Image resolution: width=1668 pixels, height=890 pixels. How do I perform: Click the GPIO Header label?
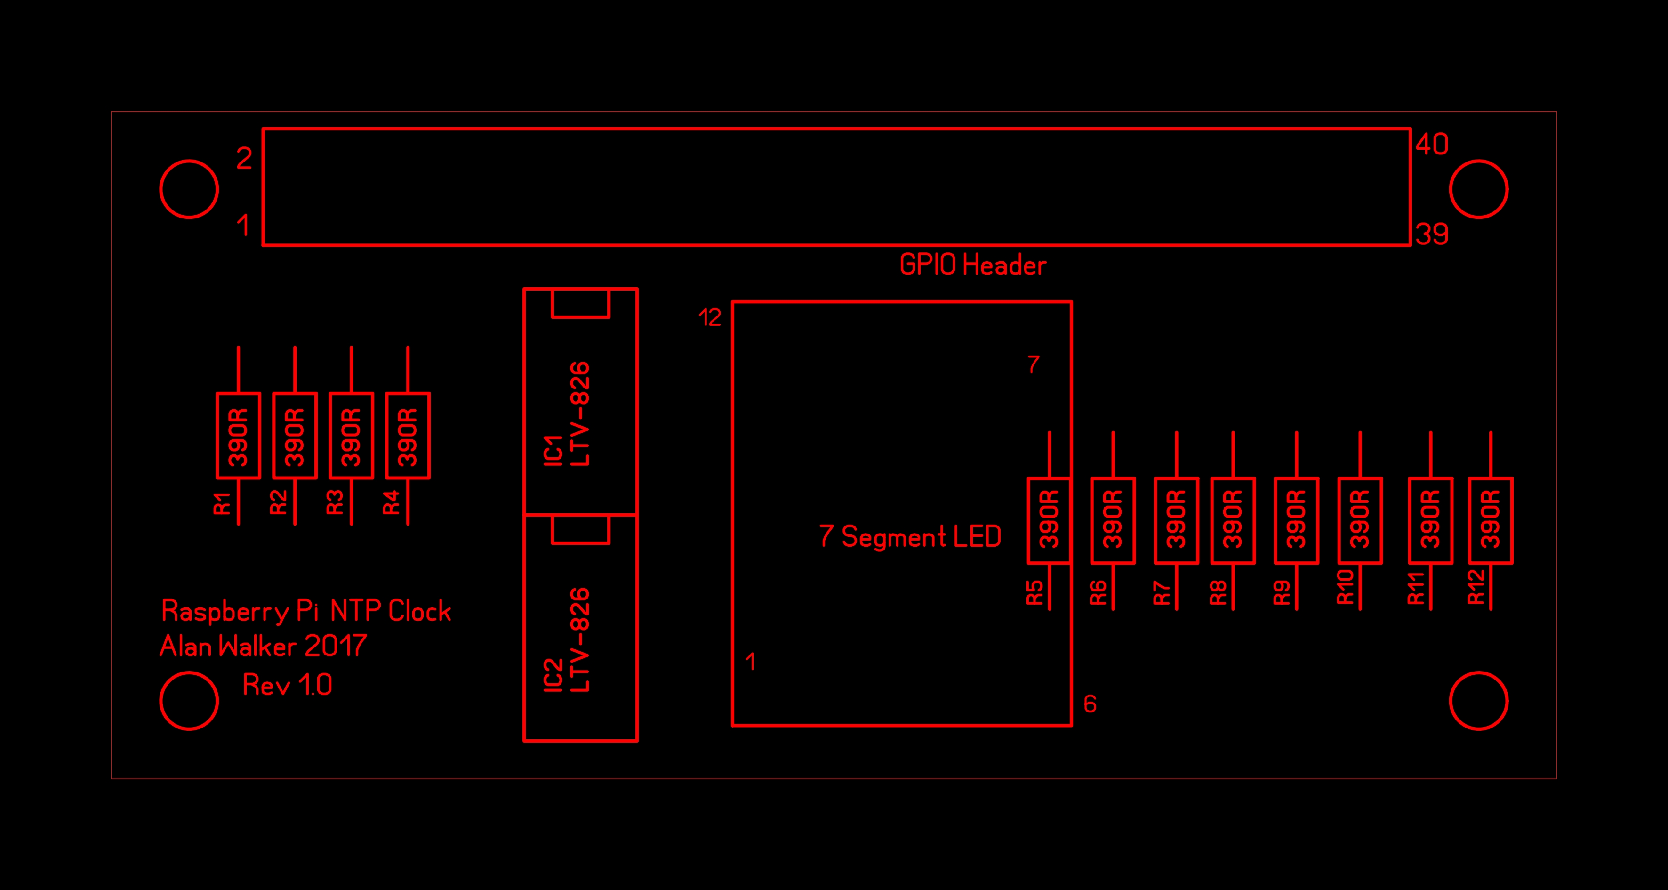click(972, 265)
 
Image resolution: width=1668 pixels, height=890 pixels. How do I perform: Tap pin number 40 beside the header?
click(1432, 144)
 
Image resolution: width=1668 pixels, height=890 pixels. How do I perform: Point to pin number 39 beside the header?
click(1432, 234)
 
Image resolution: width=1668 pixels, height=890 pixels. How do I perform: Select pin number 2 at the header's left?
click(244, 158)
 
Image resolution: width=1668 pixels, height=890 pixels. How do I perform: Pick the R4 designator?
click(392, 502)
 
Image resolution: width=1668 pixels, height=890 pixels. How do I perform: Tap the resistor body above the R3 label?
click(351, 435)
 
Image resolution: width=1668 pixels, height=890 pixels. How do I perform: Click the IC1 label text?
click(553, 450)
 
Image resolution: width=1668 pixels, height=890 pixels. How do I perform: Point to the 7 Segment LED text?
click(910, 536)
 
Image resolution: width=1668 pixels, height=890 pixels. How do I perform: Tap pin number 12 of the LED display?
click(710, 317)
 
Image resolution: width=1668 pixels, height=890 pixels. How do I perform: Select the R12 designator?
click(1476, 586)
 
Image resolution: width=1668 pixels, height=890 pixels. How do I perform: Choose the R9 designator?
click(1282, 592)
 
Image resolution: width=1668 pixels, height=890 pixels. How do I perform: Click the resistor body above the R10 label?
click(1360, 521)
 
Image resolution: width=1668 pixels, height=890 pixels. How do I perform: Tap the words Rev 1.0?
click(288, 685)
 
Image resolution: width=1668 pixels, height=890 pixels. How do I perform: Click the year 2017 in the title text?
click(336, 646)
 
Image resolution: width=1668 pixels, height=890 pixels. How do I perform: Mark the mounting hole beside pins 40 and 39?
click(1479, 160)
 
